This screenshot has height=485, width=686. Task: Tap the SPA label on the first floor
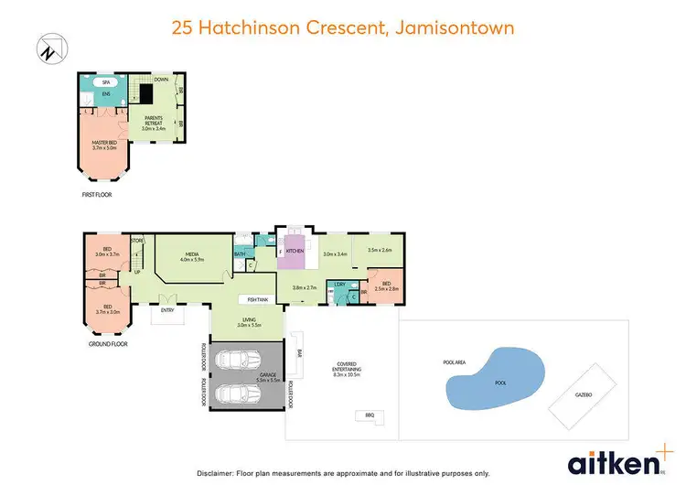click(106, 81)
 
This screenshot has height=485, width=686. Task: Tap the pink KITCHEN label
click(295, 250)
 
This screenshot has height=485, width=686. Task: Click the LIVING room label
click(250, 322)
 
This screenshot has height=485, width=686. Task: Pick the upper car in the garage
click(238, 361)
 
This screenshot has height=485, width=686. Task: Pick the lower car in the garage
click(238, 393)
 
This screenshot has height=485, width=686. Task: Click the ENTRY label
click(167, 310)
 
